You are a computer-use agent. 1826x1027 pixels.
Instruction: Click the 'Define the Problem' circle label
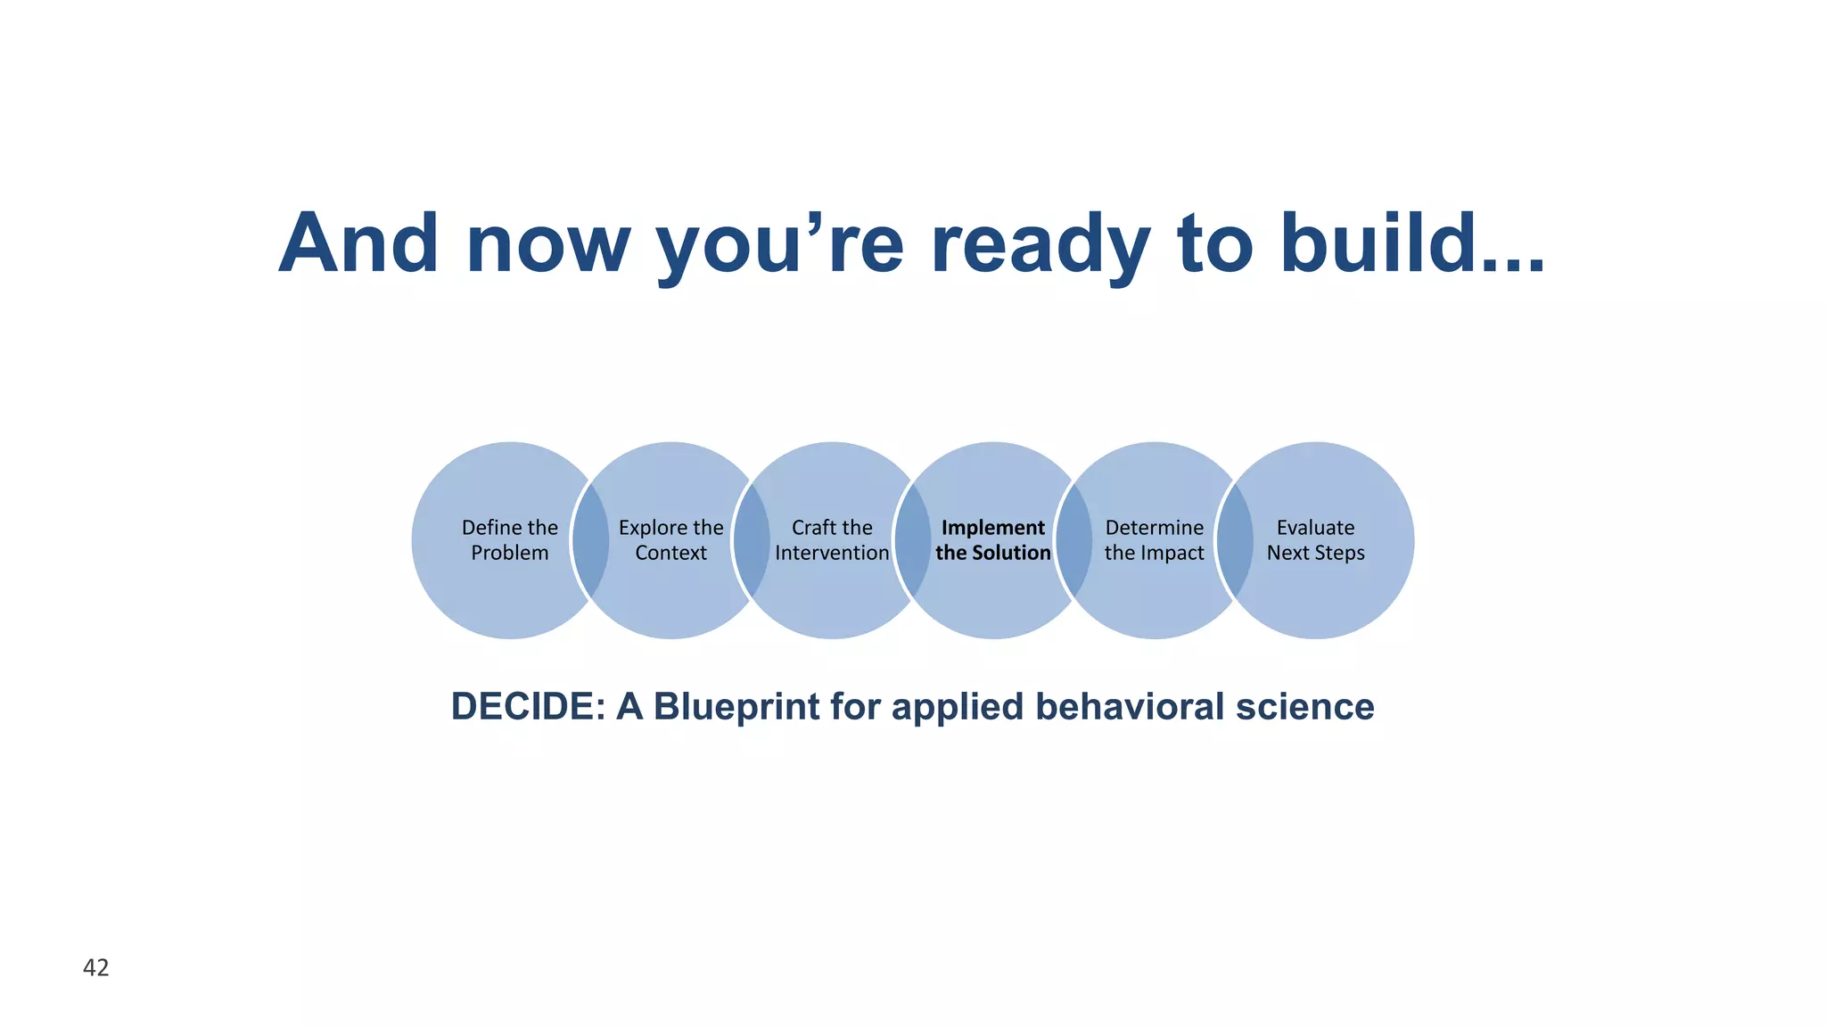pyautogui.click(x=509, y=540)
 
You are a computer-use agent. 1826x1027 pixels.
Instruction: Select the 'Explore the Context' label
pyautogui.click(x=670, y=540)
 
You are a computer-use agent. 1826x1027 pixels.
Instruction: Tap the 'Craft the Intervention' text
pyautogui.click(x=832, y=540)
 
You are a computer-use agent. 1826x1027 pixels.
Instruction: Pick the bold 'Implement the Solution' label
pyautogui.click(x=992, y=540)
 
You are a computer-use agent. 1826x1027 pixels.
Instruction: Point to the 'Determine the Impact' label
pyautogui.click(x=1154, y=540)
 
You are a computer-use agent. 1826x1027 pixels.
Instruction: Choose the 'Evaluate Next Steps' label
pyautogui.click(x=1315, y=540)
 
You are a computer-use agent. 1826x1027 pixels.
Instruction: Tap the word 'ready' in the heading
pyautogui.click(x=1040, y=245)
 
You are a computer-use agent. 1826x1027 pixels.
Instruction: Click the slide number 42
pyautogui.click(x=95, y=967)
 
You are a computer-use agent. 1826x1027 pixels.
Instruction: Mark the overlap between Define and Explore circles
pyautogui.click(x=590, y=540)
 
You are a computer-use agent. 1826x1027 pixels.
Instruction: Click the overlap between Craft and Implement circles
pyautogui.click(x=912, y=540)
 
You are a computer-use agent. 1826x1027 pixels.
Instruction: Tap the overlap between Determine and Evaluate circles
pyautogui.click(x=1235, y=540)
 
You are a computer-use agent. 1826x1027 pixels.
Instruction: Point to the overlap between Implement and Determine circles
pyautogui.click(x=1073, y=540)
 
